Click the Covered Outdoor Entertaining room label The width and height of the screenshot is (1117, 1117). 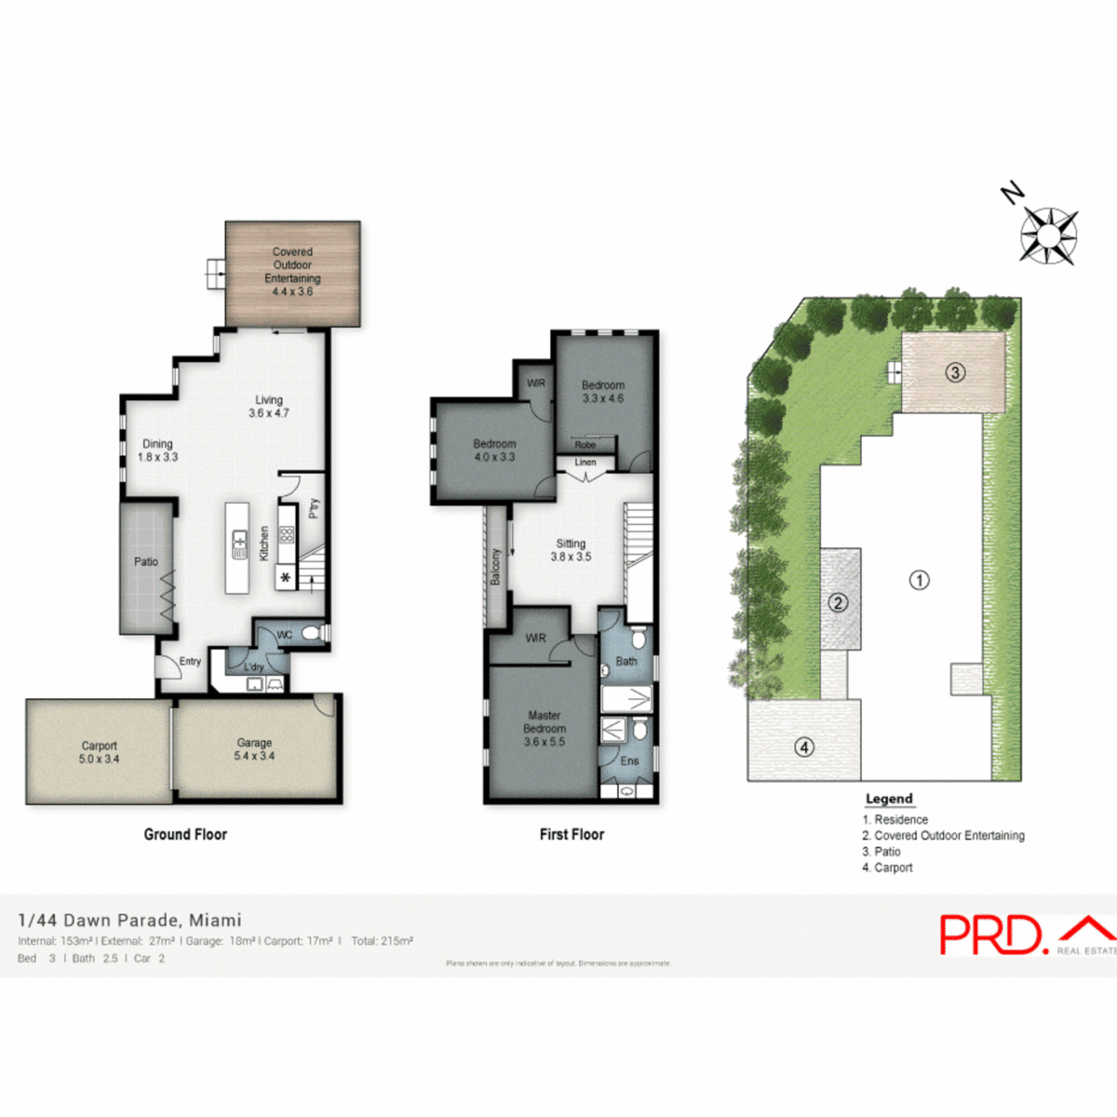click(x=292, y=271)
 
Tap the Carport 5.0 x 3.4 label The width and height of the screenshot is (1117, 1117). click(x=99, y=752)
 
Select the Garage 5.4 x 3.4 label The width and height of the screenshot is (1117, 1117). click(x=254, y=749)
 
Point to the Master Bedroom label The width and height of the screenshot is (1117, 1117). click(x=545, y=729)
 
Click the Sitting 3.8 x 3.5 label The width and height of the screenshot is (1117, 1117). click(x=571, y=550)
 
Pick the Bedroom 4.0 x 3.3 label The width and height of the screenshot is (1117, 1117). click(x=494, y=451)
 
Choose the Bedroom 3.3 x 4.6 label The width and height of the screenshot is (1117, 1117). click(x=603, y=391)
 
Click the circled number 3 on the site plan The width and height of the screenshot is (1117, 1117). click(x=955, y=372)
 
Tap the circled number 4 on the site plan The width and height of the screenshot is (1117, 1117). click(x=804, y=747)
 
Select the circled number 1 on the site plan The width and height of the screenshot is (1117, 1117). click(x=919, y=580)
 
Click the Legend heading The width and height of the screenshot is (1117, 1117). click(x=889, y=799)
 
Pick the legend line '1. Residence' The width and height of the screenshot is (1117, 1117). click(x=895, y=820)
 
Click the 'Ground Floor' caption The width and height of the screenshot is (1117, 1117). click(x=185, y=834)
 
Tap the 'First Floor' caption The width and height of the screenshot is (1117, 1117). click(x=572, y=834)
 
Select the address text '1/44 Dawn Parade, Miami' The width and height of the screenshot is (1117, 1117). click(x=129, y=920)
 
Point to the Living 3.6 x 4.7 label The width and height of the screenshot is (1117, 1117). click(x=269, y=406)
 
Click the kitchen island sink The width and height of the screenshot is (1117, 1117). click(x=239, y=545)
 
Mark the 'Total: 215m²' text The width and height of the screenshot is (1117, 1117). click(x=382, y=941)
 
